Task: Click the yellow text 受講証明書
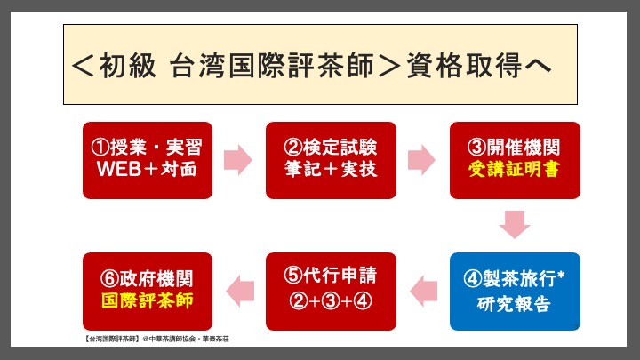click(x=514, y=169)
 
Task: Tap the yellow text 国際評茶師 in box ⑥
click(x=148, y=300)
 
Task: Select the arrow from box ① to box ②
click(x=238, y=160)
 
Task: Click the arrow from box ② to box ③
click(x=421, y=160)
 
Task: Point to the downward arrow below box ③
click(x=515, y=225)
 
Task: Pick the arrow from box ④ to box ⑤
click(x=424, y=292)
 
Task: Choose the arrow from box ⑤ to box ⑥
click(x=240, y=292)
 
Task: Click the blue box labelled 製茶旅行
click(x=515, y=292)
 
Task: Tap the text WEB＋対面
click(x=147, y=169)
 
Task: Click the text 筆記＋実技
click(x=331, y=169)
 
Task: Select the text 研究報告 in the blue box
click(x=514, y=304)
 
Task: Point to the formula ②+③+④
click(x=331, y=300)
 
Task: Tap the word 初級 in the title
click(x=127, y=65)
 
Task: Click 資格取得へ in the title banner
click(x=479, y=65)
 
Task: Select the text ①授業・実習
click(x=147, y=147)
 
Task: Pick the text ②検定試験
click(x=331, y=147)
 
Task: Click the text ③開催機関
click(x=514, y=147)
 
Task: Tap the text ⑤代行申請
click(x=331, y=275)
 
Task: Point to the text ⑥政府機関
click(x=147, y=279)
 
